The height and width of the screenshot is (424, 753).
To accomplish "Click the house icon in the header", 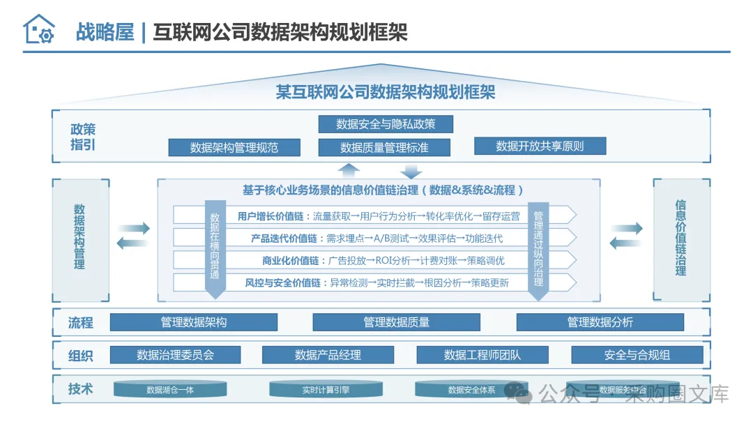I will (38, 29).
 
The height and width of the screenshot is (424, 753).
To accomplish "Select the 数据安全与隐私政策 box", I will (386, 124).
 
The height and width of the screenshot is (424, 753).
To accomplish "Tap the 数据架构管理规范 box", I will (234, 147).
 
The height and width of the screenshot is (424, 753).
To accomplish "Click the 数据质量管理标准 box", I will (384, 147).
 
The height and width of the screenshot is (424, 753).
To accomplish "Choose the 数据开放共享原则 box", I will (540, 146).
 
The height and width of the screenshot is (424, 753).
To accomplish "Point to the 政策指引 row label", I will (83, 137).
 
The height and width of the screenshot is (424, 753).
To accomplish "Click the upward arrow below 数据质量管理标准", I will (349, 169).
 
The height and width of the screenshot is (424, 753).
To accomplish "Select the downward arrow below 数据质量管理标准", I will (411, 169).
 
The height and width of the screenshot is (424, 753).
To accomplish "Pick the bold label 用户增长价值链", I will (273, 216).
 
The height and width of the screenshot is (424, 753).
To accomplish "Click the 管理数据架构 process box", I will (194, 322).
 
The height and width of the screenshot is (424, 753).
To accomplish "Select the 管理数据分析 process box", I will (600, 322).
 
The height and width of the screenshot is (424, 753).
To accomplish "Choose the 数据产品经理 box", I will (328, 355).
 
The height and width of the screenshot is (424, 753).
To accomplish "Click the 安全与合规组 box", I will (637, 355).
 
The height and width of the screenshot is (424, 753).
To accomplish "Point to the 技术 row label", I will (81, 389).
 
